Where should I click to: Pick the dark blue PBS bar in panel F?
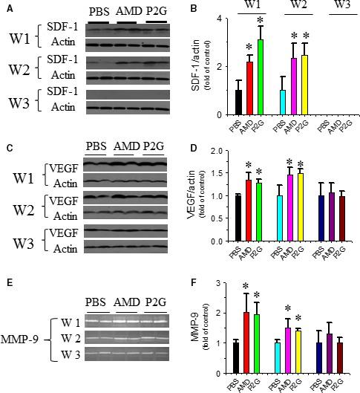point(319,358)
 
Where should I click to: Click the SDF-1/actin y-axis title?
point(197,66)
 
